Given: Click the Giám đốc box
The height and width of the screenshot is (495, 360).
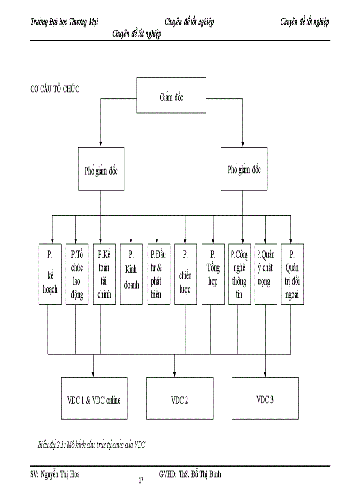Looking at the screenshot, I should point(171,97).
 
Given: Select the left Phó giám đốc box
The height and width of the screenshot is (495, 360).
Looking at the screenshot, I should point(101,170).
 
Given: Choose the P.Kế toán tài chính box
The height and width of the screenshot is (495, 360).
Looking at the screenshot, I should point(104,274).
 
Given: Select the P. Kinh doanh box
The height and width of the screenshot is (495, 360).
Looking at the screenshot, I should point(131,274).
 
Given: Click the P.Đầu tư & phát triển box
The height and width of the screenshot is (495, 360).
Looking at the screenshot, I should point(158,274).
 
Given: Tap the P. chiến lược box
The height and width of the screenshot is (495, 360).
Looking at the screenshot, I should point(185,274).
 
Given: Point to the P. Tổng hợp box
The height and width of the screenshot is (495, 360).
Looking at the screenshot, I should point(213,274).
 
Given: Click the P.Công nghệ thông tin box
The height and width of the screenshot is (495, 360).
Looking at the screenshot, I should point(239,274).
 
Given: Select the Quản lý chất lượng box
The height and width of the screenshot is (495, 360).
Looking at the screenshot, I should point(266,274).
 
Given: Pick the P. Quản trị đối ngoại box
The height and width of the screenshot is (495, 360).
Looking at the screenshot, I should point(292,274).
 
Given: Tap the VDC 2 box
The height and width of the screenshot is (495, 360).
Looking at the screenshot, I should point(180,401).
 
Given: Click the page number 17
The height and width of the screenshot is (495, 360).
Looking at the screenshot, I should point(141,480).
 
